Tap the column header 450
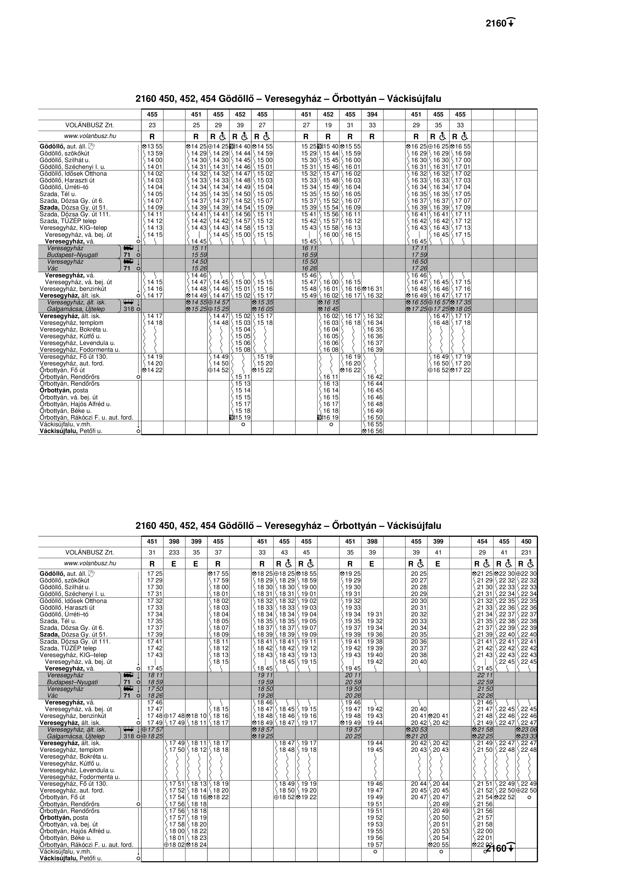(526, 542)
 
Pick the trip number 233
(174, 552)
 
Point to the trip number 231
(526, 552)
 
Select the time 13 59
(155, 153)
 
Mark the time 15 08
(243, 350)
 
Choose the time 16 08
(331, 350)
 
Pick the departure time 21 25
(485, 573)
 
